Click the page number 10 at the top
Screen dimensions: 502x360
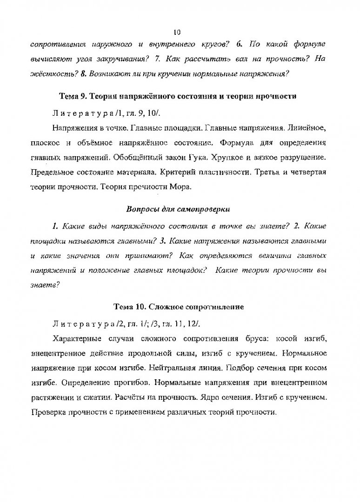pyautogui.click(x=177, y=32)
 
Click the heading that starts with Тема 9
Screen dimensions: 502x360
pyautogui.click(x=178, y=96)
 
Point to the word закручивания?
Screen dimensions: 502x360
pyautogui.click(x=125, y=59)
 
